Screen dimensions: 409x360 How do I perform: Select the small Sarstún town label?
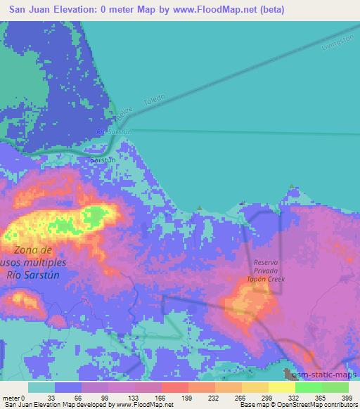(102, 160)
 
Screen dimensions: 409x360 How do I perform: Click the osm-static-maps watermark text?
(328, 377)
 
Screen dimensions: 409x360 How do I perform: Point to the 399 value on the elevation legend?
(347, 397)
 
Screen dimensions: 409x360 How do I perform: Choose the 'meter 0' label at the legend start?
(13, 397)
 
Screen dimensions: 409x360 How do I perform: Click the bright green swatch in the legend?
(308, 387)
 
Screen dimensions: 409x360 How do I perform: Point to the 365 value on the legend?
(321, 397)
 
